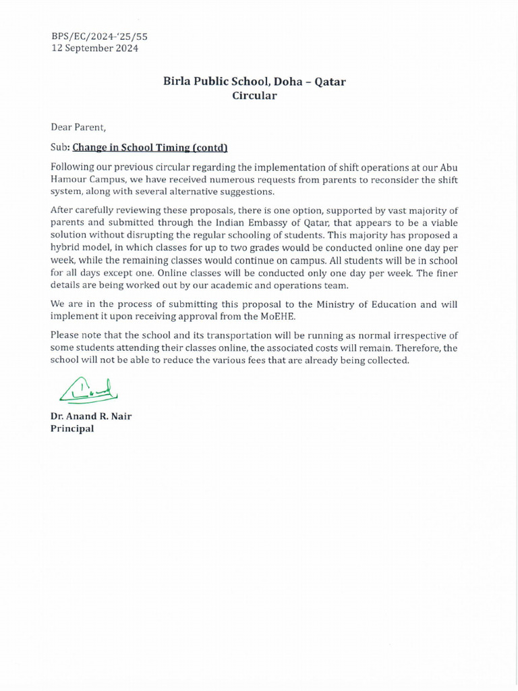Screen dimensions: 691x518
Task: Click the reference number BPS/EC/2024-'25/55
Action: (x=99, y=36)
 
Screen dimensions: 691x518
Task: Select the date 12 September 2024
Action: (x=95, y=49)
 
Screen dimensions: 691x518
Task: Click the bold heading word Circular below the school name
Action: (x=254, y=95)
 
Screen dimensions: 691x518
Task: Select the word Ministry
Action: (x=322, y=304)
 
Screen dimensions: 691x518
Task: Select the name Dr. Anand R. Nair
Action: (x=91, y=416)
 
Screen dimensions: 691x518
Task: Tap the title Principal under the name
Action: (x=72, y=429)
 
